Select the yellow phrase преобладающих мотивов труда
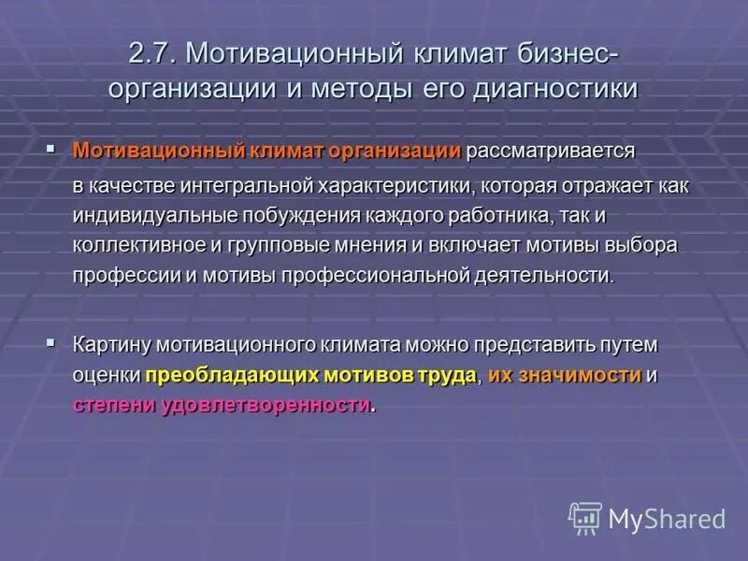pos(311,375)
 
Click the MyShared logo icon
pos(585,518)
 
